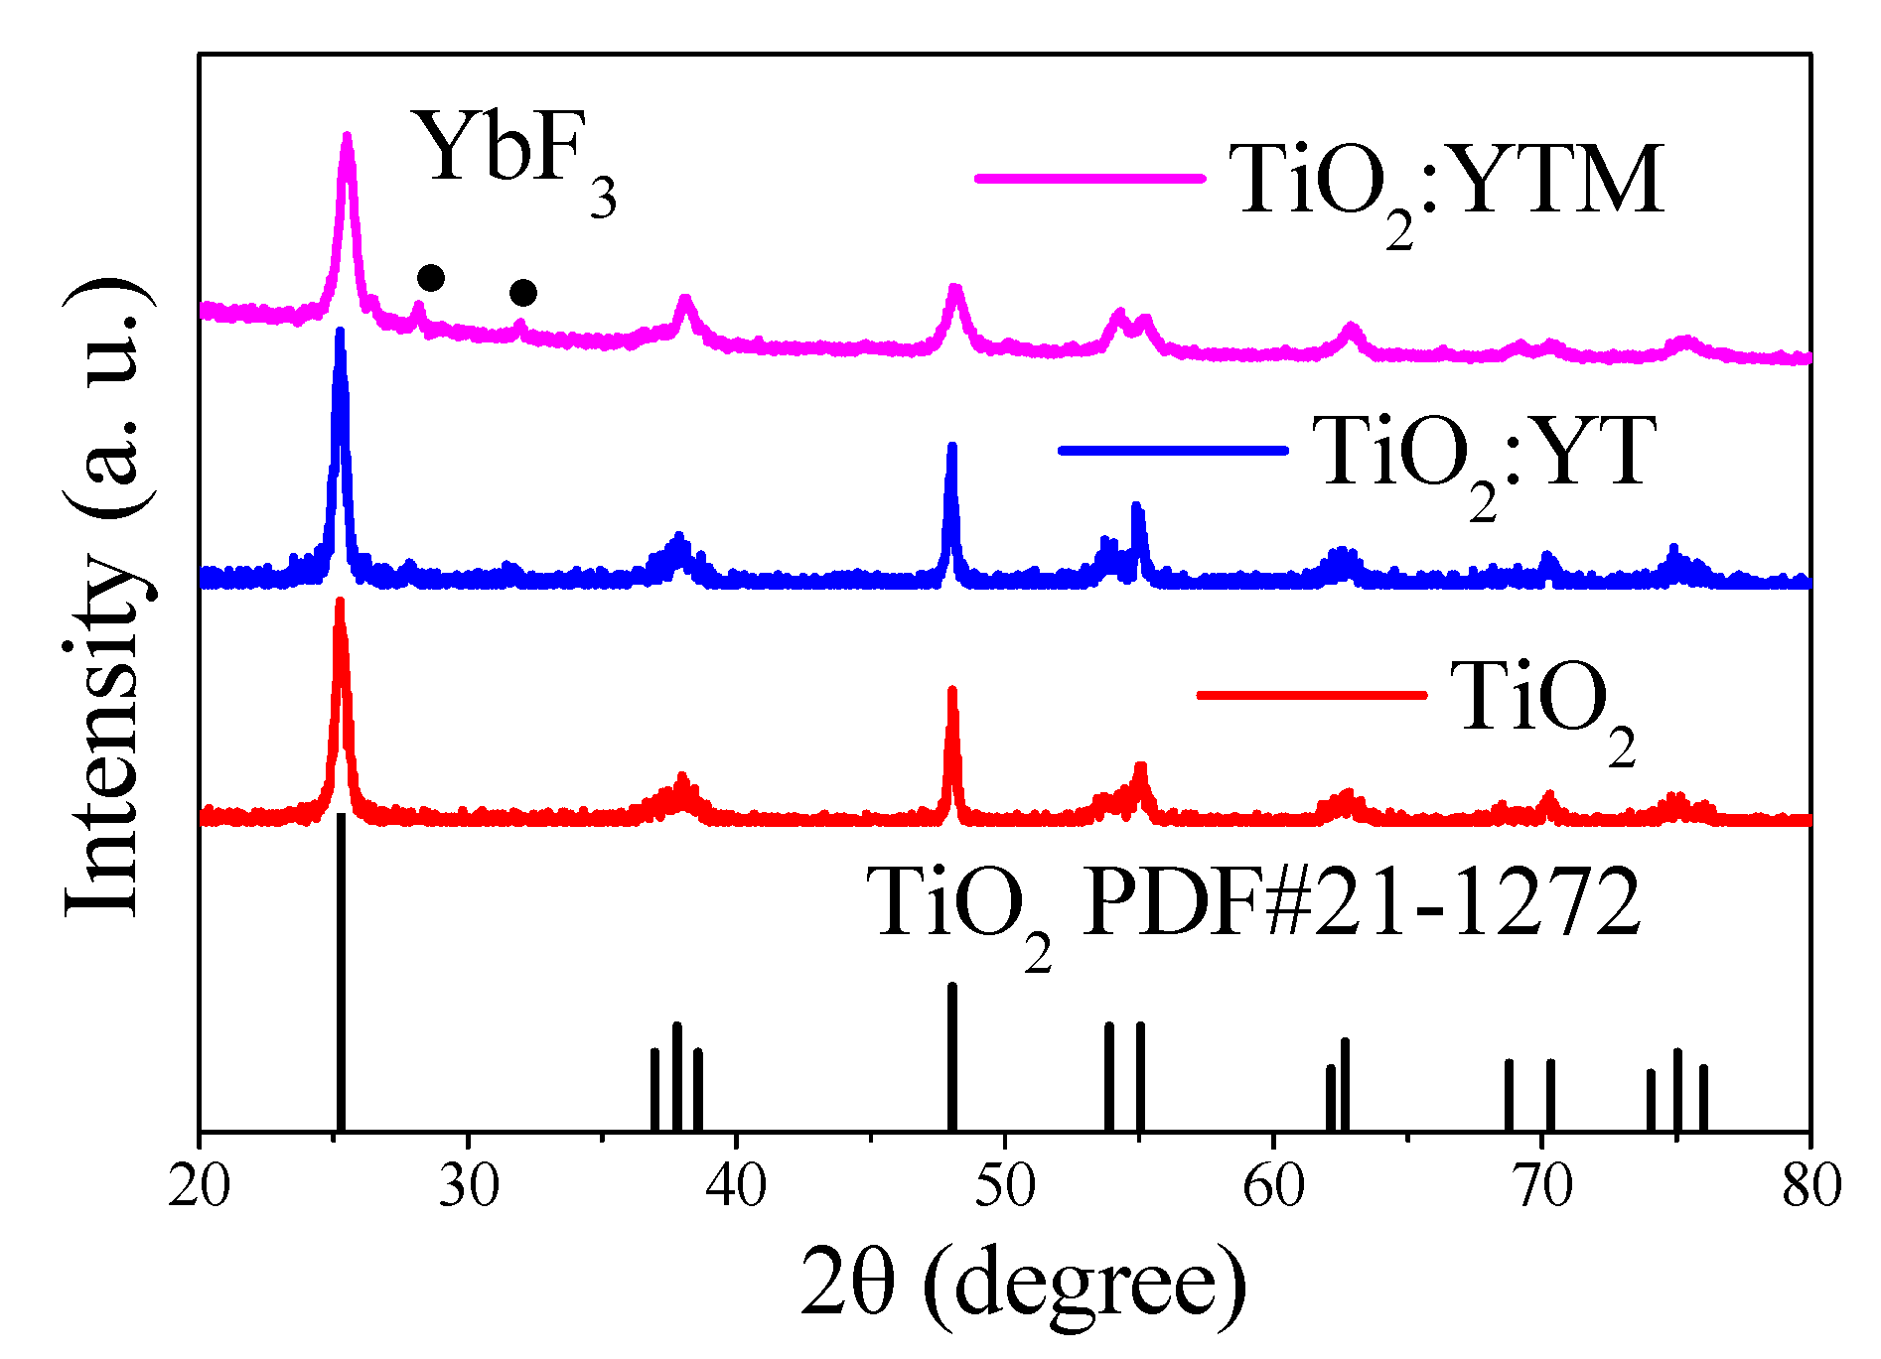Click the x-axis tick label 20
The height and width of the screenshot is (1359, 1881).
(200, 1185)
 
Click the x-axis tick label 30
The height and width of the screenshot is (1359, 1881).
(468, 1185)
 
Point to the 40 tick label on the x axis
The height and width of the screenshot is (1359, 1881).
(736, 1185)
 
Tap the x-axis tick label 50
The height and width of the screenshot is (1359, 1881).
(1005, 1185)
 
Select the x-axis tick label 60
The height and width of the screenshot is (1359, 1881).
(1273, 1185)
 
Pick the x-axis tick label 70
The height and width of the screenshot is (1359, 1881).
(1542, 1185)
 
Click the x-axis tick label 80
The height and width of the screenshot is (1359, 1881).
(1810, 1185)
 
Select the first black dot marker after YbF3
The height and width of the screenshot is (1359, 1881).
(431, 277)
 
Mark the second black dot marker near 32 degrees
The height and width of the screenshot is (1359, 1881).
(523, 293)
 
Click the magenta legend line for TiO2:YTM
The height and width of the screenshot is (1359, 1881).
(1089, 179)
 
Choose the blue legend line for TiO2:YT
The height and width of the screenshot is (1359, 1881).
(1173, 451)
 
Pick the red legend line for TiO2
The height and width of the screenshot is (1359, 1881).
(1311, 694)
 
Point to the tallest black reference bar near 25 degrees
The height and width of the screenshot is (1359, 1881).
(341, 973)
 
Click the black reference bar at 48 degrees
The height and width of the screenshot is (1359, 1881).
(952, 1057)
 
